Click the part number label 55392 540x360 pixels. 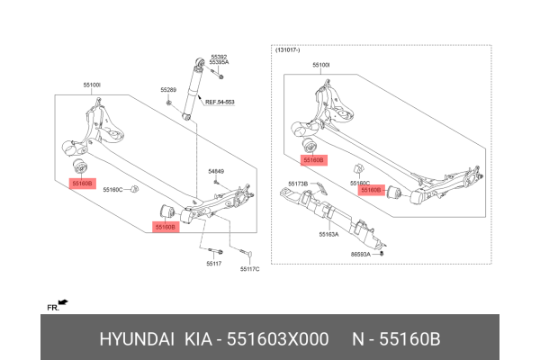tap(220, 56)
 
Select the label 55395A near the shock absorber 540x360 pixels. tap(220, 62)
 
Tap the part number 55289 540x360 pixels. tap(168, 90)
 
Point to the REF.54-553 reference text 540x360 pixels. tap(219, 102)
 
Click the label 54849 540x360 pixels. tap(216, 171)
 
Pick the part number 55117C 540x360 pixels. tap(249, 269)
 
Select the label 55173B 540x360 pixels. tap(298, 184)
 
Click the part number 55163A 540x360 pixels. tap(329, 234)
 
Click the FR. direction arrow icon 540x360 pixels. tap(62, 303)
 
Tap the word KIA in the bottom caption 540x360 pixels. tap(199, 340)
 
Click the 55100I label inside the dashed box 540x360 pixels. tap(321, 66)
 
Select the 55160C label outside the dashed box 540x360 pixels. tap(112, 190)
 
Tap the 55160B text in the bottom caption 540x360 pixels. tap(410, 340)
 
